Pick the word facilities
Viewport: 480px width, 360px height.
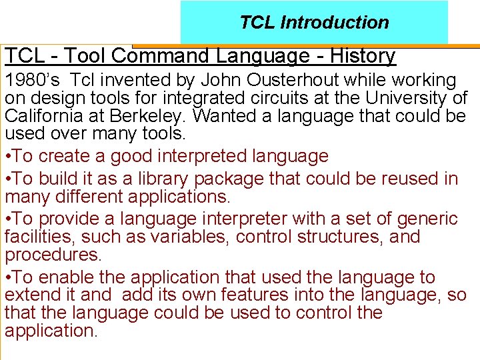click(34, 237)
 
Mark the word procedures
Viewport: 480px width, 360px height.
click(53, 255)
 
